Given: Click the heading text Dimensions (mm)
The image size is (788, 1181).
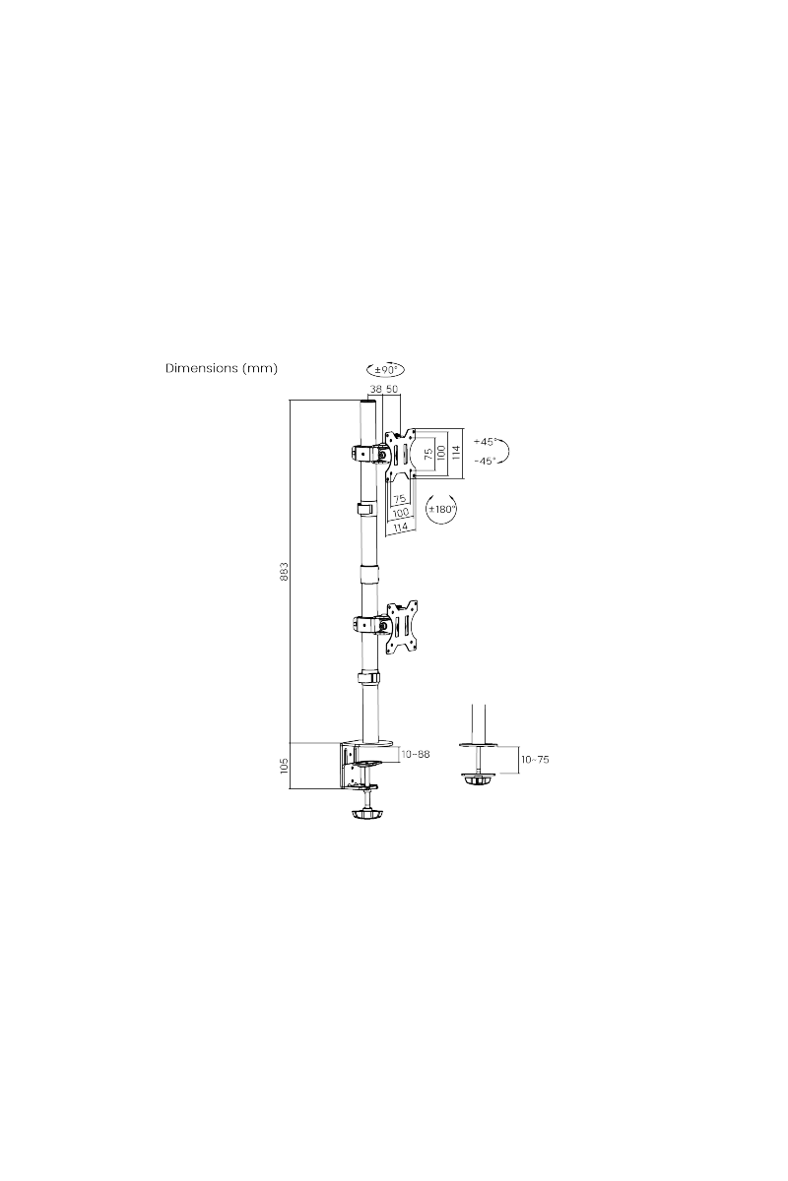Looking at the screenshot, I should (x=222, y=369).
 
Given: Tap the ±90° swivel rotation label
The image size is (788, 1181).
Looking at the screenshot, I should (x=386, y=370).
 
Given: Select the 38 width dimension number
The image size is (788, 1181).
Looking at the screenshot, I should (x=374, y=390).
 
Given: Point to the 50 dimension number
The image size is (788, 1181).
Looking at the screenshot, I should (x=392, y=390).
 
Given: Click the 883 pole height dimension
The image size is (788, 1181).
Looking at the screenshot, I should (x=284, y=572).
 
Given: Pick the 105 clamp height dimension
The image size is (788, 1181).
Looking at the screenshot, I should (x=284, y=766).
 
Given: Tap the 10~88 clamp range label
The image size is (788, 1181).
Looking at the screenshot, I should (x=415, y=755).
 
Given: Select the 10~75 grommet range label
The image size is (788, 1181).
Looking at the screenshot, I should (x=534, y=760).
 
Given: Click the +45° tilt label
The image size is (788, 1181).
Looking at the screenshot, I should (x=485, y=442).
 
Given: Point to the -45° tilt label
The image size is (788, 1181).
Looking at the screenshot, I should (x=485, y=461).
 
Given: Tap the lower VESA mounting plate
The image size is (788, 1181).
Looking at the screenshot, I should (x=402, y=623).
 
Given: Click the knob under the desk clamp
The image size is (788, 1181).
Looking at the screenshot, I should (x=365, y=814).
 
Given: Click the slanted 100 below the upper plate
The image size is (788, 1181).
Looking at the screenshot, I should (x=401, y=513).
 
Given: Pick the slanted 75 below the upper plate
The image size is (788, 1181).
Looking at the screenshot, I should (x=400, y=499).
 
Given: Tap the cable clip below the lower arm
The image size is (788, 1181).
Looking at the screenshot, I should (x=366, y=678).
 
